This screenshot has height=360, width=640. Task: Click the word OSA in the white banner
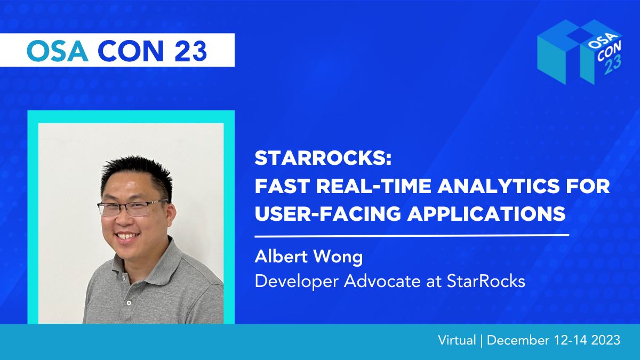tap(58, 51)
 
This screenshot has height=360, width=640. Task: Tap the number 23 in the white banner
tap(190, 51)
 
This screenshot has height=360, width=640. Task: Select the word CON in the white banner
tap(131, 51)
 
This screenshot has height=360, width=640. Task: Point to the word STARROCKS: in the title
tap(323, 158)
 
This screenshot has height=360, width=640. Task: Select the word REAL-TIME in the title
tap(374, 186)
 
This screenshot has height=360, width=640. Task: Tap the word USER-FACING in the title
tap(328, 213)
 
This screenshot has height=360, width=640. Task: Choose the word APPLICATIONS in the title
tap(486, 213)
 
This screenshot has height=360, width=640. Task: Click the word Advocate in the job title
tap(382, 281)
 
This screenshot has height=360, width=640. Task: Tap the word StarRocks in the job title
tap(486, 281)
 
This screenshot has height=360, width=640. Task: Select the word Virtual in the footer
tap(457, 340)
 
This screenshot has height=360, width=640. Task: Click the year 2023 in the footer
tap(605, 340)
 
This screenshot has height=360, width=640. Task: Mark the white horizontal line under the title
tap(412, 236)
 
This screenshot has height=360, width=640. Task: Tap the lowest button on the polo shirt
tap(129, 302)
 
